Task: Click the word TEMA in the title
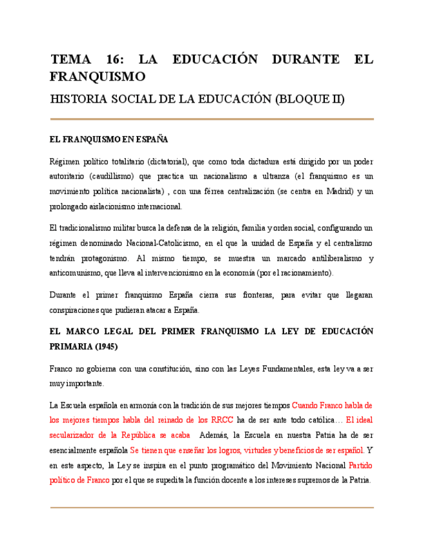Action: (x=71, y=60)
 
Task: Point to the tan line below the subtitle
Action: (x=211, y=119)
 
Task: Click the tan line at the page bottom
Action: (x=211, y=508)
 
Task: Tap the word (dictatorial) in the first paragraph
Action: (x=167, y=161)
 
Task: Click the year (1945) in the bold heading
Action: (x=98, y=346)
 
